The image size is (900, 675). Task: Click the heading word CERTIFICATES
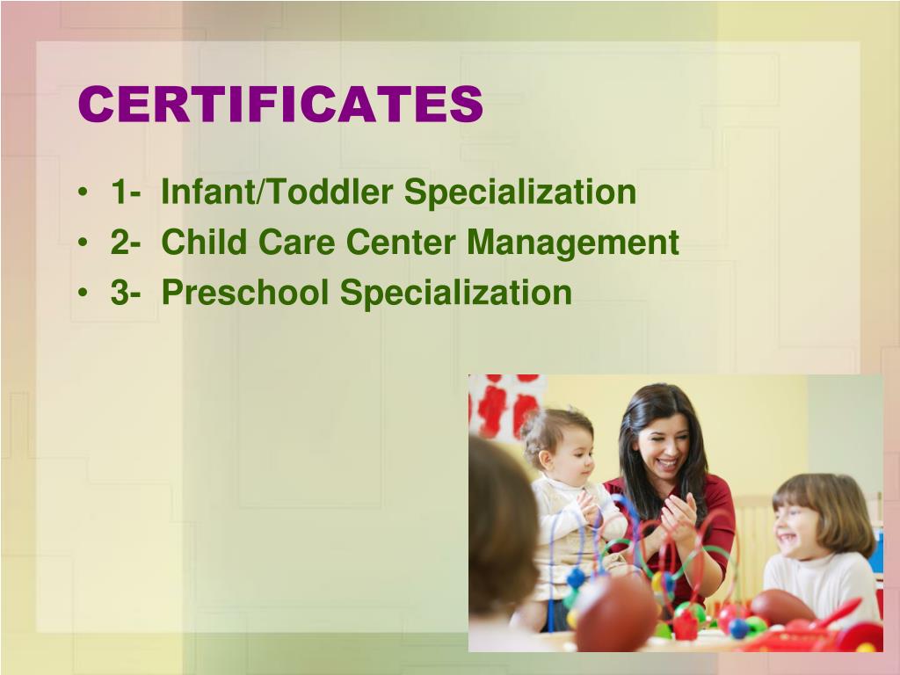(280, 105)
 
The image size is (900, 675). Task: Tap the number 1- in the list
(127, 192)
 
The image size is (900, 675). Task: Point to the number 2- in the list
(127, 243)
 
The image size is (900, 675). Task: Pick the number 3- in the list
(127, 293)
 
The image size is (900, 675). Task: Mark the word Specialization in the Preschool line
(456, 293)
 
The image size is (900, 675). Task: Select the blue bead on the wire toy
(577, 578)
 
